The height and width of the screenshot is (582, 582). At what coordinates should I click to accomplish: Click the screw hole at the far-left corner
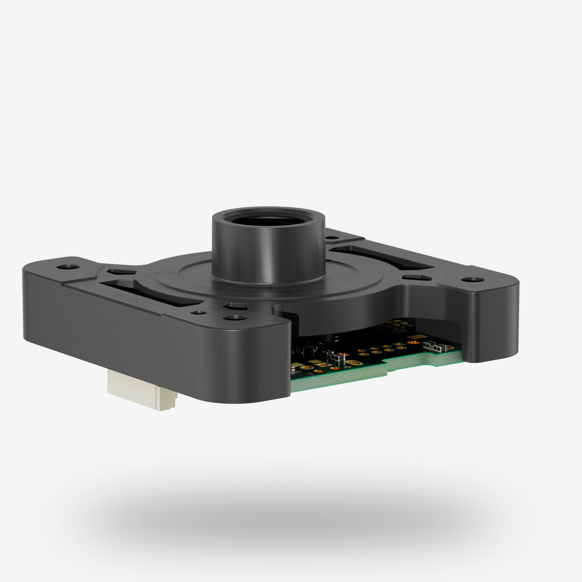(68, 267)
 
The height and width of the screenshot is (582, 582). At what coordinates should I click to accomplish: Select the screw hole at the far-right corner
(472, 280)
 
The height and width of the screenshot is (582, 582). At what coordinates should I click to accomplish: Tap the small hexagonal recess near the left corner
(117, 271)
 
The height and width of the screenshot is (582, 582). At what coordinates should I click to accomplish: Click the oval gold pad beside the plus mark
(352, 363)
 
